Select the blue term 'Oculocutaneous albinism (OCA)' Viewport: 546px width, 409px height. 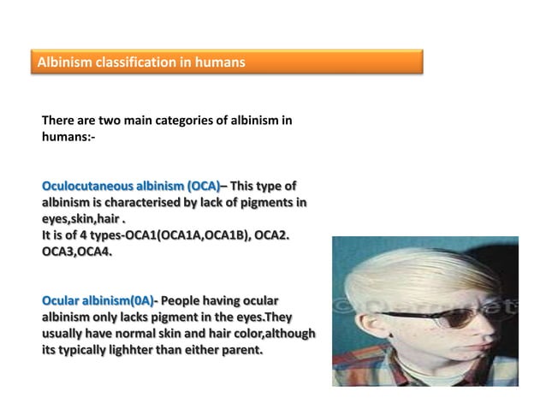131,186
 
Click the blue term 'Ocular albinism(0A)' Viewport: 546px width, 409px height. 98,300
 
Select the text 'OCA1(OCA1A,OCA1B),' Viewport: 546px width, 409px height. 187,235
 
